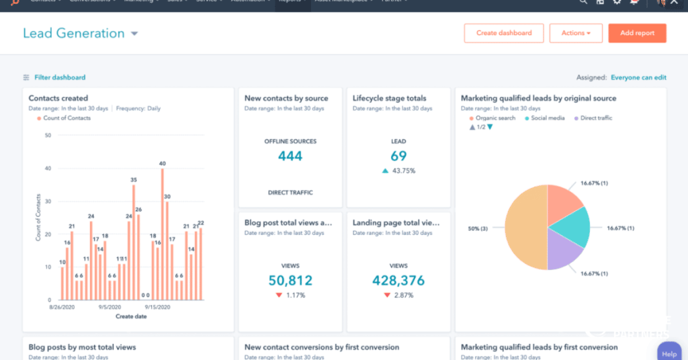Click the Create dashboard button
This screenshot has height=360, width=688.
coord(504,33)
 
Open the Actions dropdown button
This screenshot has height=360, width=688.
coord(576,33)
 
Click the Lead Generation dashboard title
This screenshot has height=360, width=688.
coord(74,34)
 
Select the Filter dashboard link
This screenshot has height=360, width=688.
coord(59,77)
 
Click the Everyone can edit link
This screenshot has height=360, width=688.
coord(638,77)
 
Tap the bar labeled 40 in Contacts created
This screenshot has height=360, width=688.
coord(163,235)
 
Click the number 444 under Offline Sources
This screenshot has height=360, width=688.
coord(290,156)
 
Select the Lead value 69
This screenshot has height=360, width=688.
coord(398,156)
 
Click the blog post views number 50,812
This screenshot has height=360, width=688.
coord(290,280)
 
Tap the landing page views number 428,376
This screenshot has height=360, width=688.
coord(398,280)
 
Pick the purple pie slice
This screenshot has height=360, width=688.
coord(563,250)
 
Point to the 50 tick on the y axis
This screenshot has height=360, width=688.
coord(48,135)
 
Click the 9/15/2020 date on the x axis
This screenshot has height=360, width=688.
coord(157,307)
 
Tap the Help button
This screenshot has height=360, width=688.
coord(669,353)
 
